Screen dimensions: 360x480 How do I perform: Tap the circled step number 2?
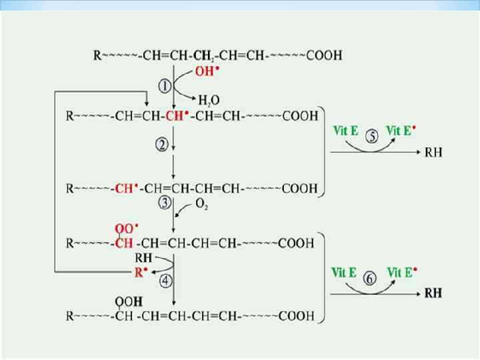pos(162,145)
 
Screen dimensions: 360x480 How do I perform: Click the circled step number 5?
pos(371,135)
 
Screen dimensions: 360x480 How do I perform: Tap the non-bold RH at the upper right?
pos(433,153)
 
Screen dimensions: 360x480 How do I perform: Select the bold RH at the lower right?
pos(433,293)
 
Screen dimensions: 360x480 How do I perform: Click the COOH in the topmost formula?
pos(324,55)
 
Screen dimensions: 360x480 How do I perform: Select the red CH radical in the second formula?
pos(177,115)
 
